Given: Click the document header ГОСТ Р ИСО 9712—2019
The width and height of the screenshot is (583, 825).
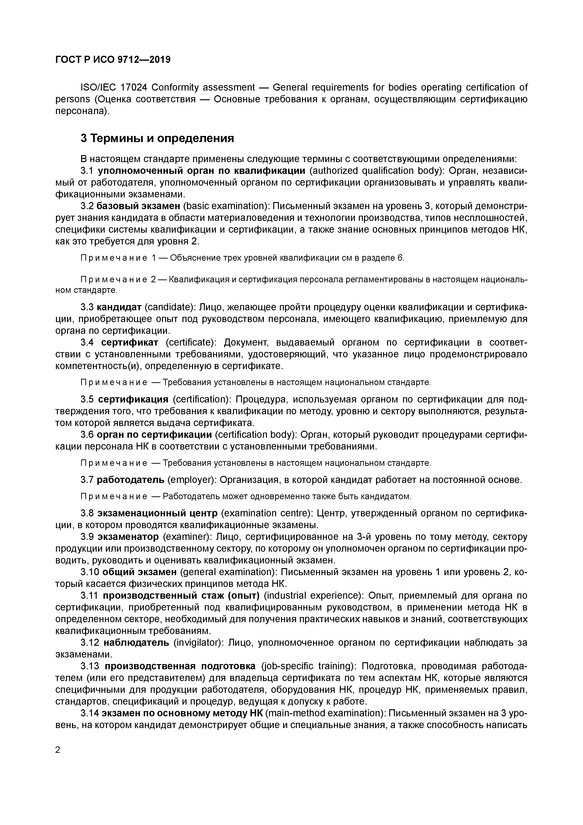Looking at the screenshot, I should [113, 60].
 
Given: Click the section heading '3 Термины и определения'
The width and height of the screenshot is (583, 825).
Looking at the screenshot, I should [157, 138].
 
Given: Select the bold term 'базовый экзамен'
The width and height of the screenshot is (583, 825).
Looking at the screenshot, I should [138, 206].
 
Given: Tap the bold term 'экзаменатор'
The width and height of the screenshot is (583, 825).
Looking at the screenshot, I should [128, 537].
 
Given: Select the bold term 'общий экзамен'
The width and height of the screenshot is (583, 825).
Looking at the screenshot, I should [139, 572].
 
